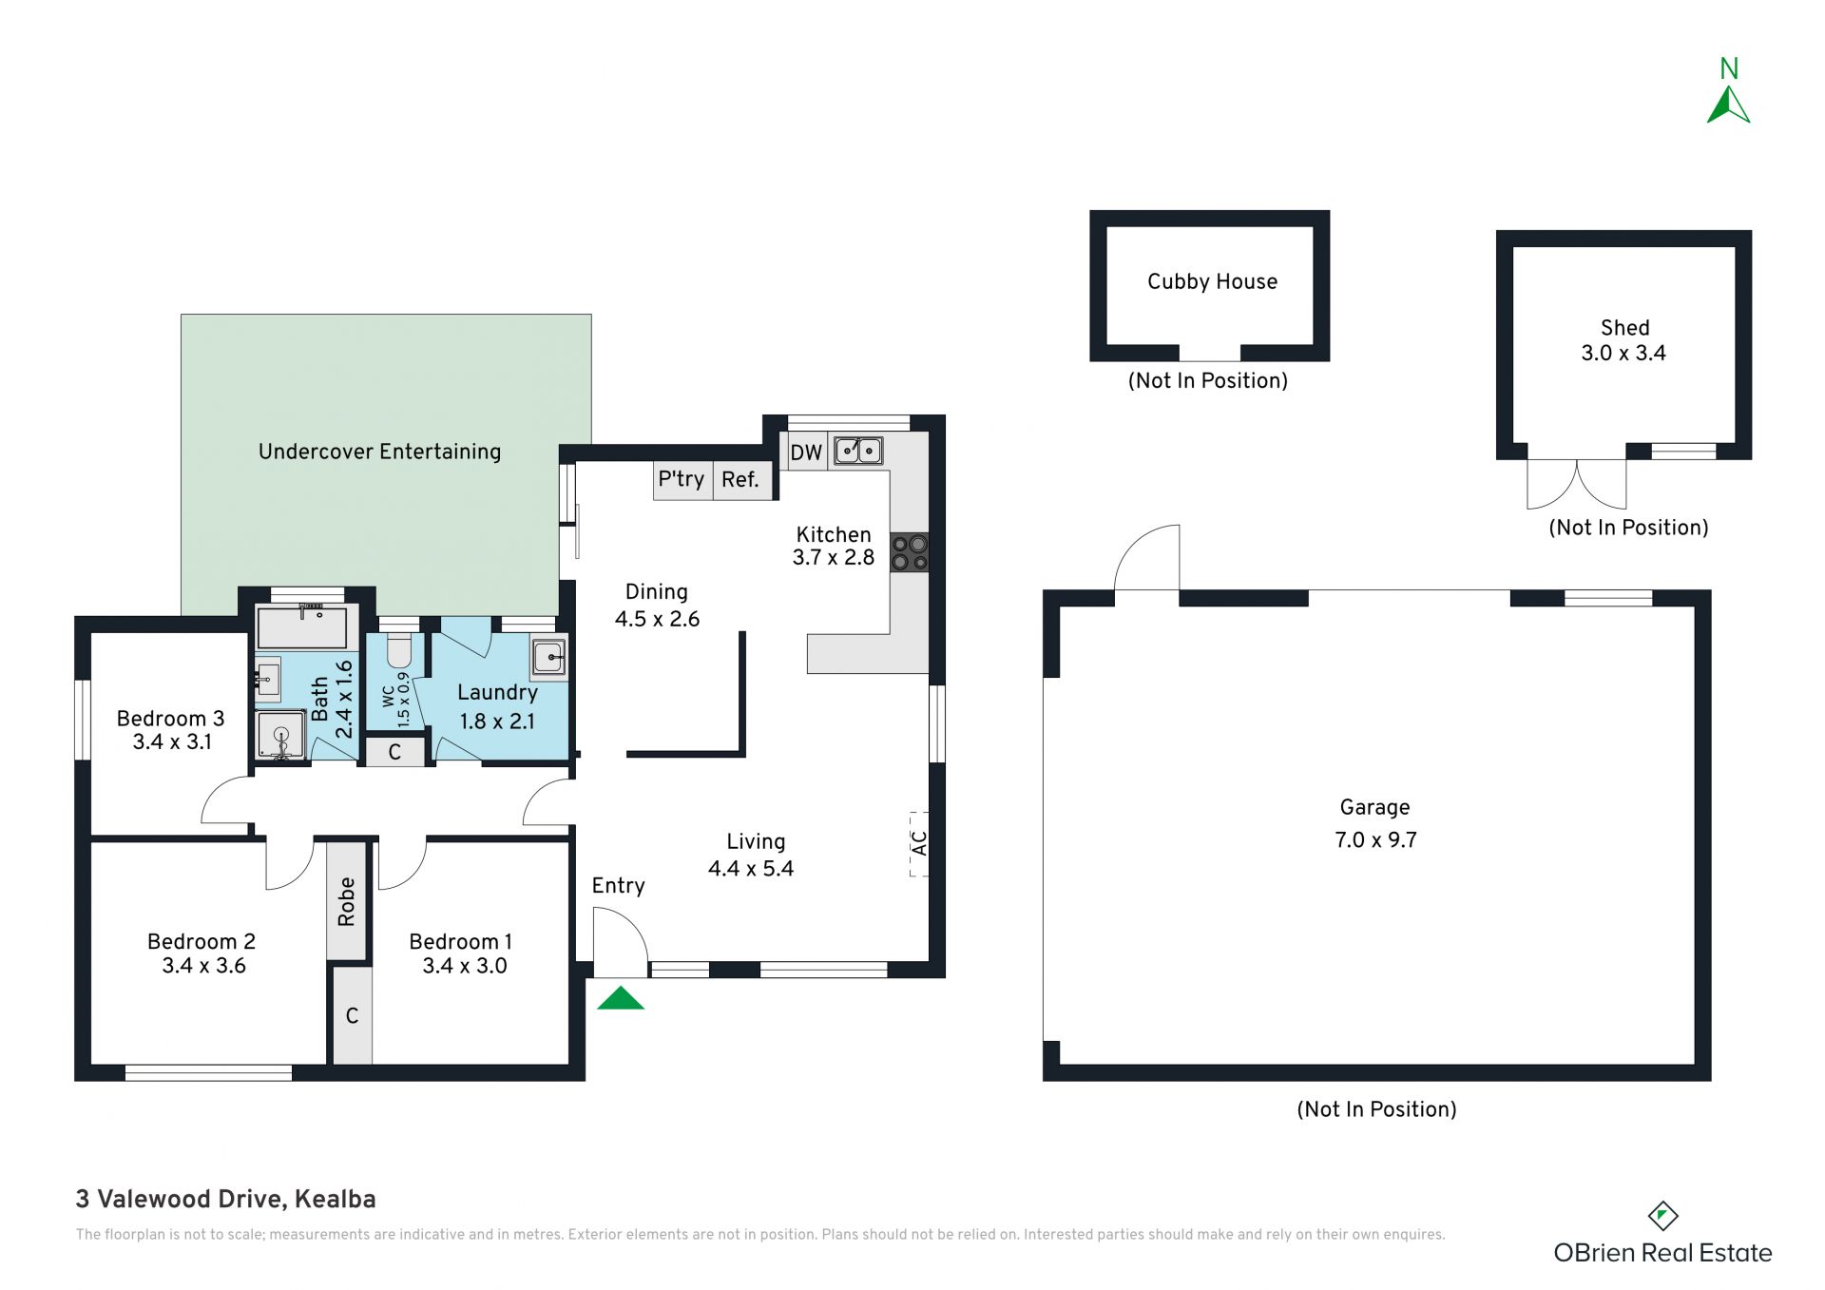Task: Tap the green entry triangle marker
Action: coord(621,997)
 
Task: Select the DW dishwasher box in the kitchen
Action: coord(806,452)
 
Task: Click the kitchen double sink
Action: coord(858,451)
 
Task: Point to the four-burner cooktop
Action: coord(910,553)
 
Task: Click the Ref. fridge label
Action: coord(740,479)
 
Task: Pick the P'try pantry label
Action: coord(682,478)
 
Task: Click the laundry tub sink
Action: coord(549,657)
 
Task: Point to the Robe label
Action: coord(347,901)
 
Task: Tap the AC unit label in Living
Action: coord(919,842)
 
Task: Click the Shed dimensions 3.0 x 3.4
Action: coord(1623,353)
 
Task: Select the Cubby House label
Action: coord(1212,281)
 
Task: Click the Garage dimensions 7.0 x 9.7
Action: coord(1375,839)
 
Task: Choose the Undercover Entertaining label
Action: coord(379,452)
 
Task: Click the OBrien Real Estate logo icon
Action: coord(1662,1216)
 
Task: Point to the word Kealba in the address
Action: coord(336,1200)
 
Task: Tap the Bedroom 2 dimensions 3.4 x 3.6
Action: coord(203,966)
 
